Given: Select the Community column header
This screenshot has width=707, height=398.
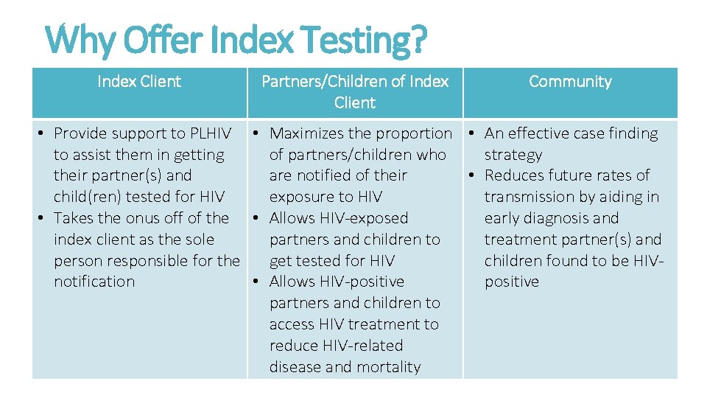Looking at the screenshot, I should (x=570, y=82).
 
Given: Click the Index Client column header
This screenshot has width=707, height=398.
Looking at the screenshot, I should (x=139, y=82).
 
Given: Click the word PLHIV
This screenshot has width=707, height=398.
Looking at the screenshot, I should (x=211, y=133).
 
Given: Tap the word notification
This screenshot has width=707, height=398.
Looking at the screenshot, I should (x=94, y=282).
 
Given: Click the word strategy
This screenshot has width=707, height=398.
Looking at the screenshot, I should (x=513, y=155).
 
